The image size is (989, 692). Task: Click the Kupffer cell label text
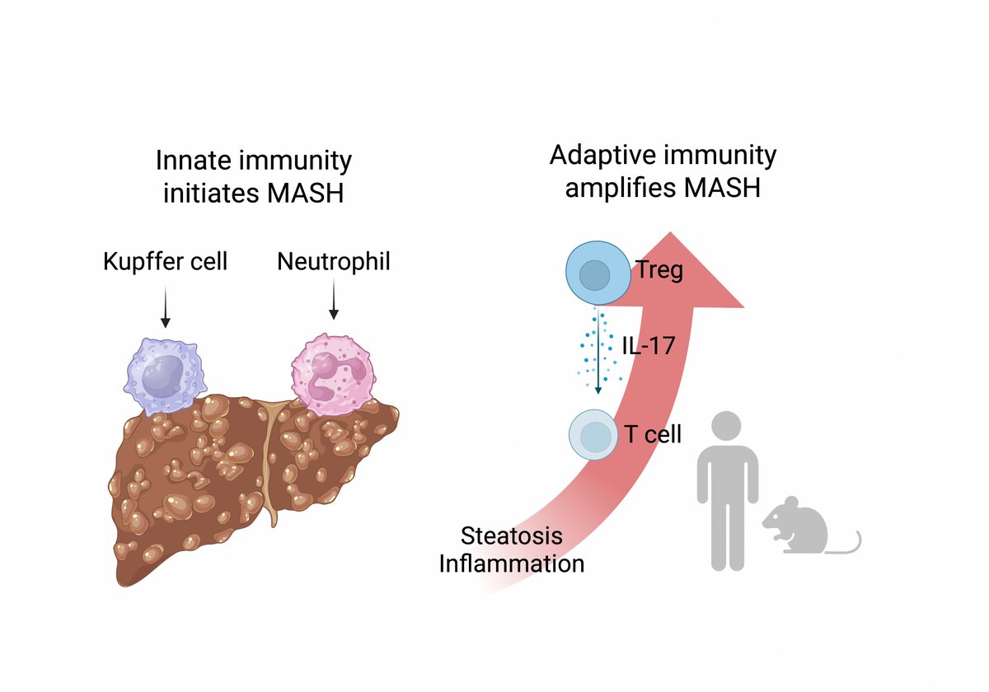(165, 262)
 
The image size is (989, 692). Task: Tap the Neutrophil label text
(334, 262)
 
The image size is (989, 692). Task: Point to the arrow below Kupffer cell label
(165, 306)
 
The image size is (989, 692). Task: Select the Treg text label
(659, 269)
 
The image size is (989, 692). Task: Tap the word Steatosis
(512, 536)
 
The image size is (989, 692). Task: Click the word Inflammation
(512, 563)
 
